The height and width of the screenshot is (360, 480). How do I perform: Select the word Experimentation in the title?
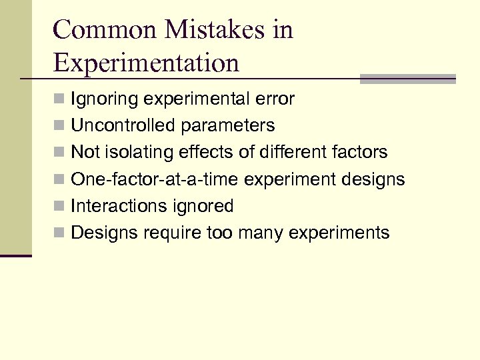pos(145,63)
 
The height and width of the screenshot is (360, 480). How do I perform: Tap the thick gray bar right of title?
pos(407,79)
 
